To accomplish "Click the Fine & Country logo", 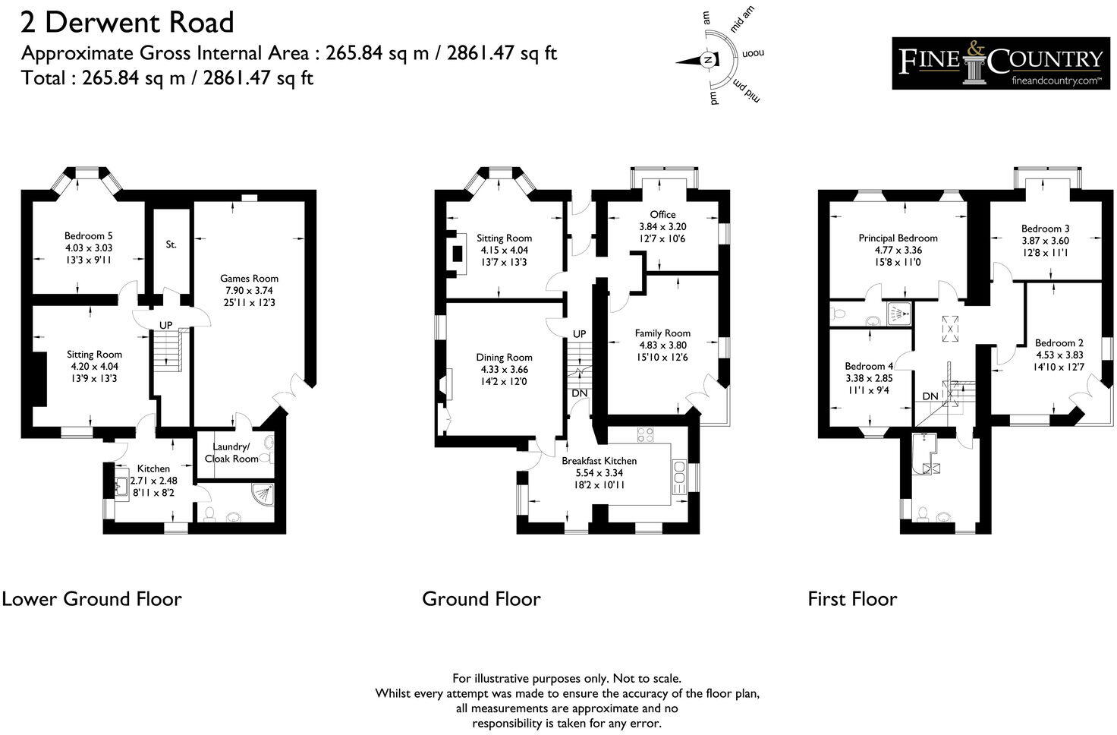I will point(1000,63).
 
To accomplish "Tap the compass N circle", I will point(707,60).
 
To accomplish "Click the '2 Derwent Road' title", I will point(127,22).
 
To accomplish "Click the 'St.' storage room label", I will point(171,244).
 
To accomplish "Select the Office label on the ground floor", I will point(662,214).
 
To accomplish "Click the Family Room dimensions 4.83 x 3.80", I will point(662,345).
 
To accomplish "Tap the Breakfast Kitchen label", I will point(599,460).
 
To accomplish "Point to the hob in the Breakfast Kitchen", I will point(646,434).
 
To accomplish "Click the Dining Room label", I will point(504,357).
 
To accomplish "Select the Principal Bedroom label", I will point(898,238).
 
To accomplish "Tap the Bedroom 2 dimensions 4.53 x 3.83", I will point(1059,355).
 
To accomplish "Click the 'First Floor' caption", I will point(851,599).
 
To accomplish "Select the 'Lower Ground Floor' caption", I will point(92,599).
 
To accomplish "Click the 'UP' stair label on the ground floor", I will point(579,334).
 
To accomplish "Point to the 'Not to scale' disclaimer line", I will point(566,678).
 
